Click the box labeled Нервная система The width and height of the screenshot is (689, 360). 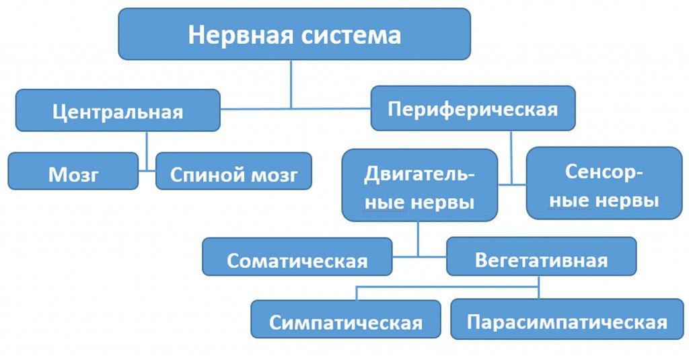294,34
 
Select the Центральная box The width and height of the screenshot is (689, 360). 118,110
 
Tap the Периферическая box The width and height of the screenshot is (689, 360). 473,108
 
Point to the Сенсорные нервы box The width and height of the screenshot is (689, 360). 604,184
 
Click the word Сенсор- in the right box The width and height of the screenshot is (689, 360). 604,172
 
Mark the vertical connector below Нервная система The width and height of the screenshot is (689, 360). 291,83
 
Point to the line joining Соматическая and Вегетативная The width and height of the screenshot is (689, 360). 419,256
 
